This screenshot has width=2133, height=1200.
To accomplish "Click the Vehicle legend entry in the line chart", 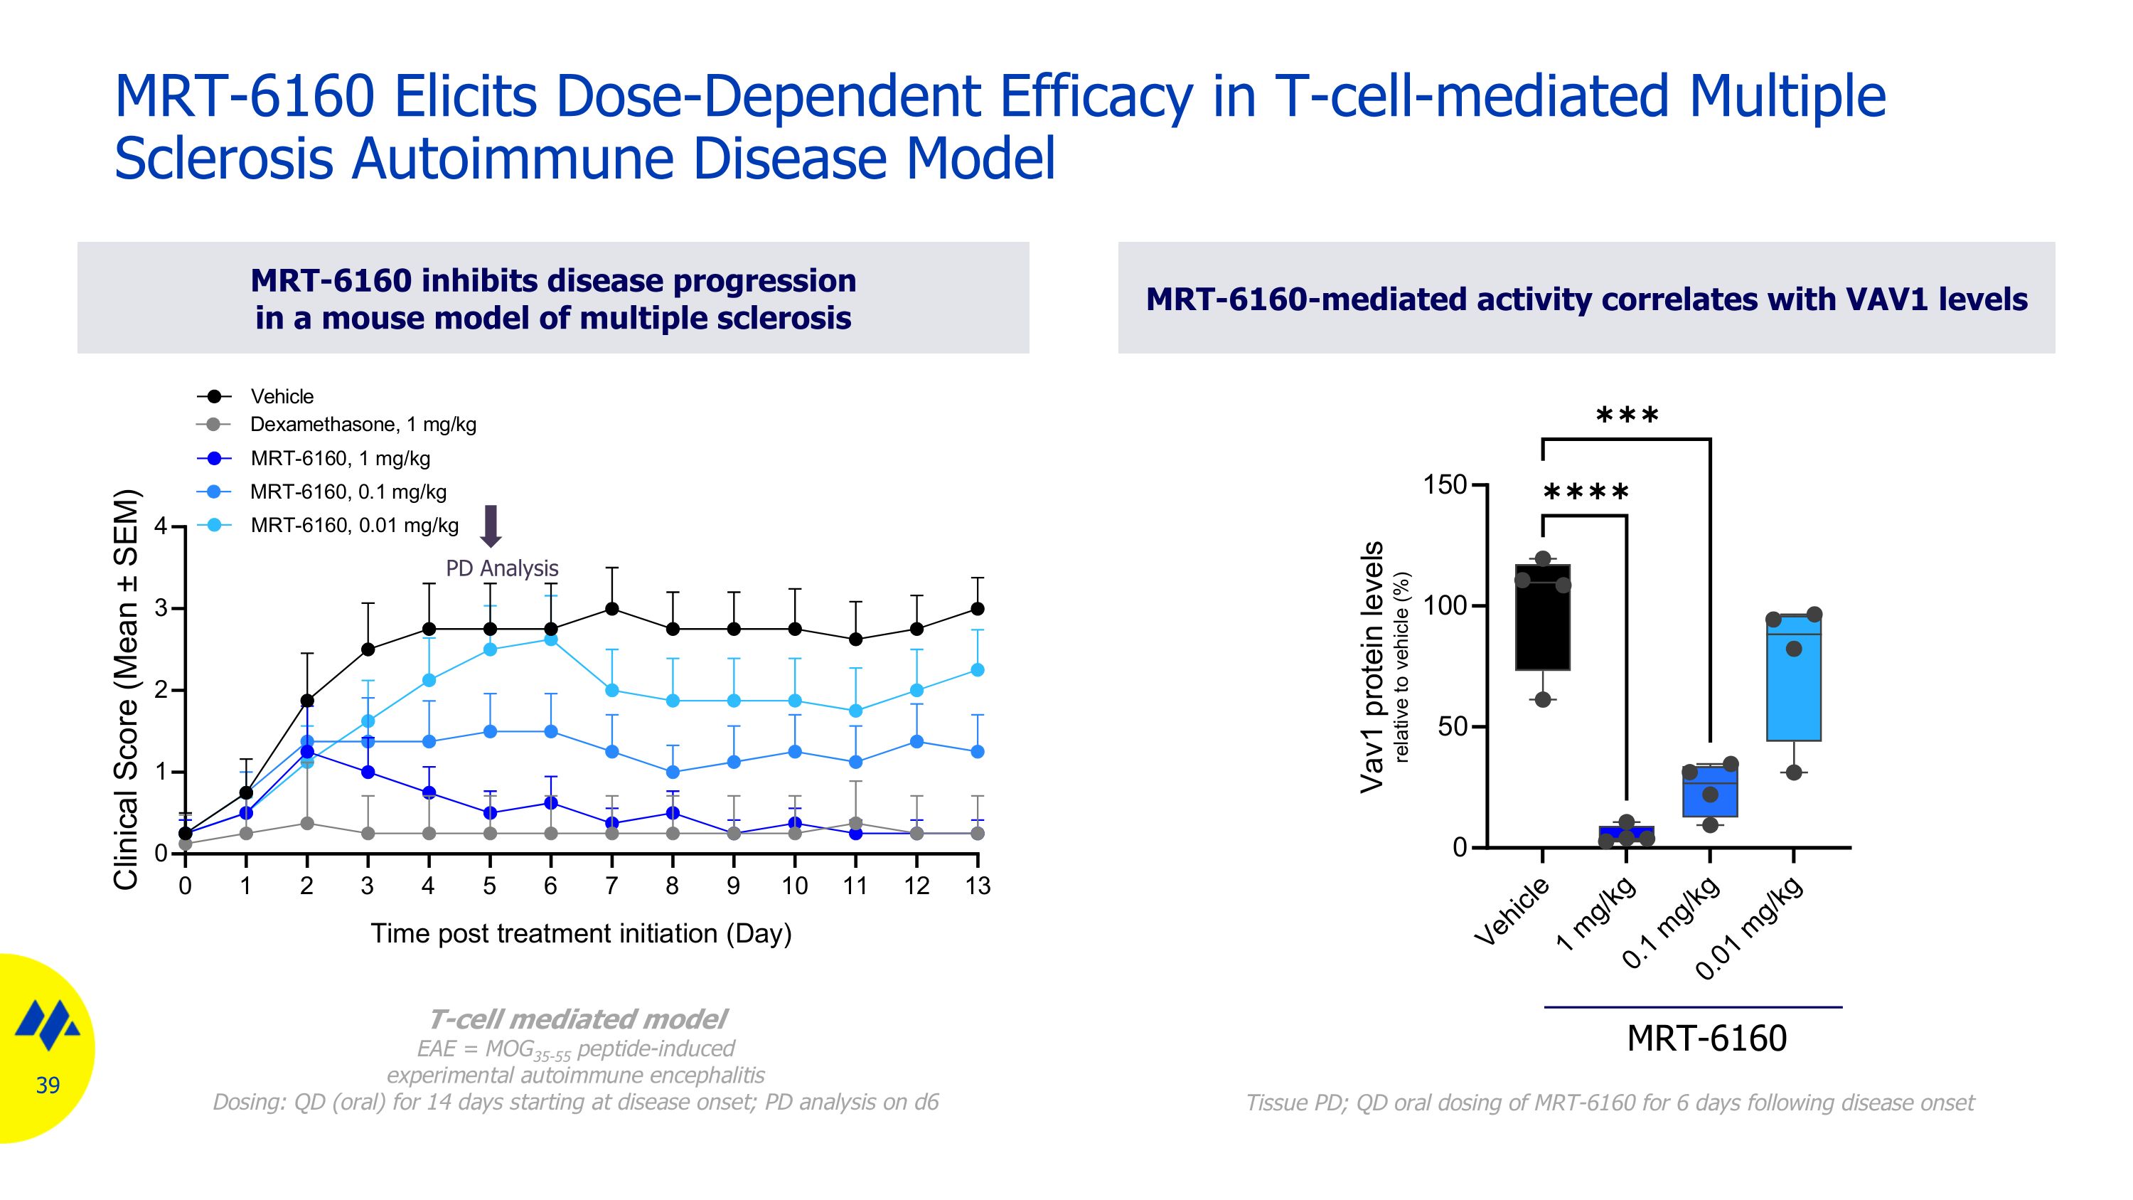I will click(282, 397).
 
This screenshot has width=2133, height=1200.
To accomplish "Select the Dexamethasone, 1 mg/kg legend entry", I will click(363, 425).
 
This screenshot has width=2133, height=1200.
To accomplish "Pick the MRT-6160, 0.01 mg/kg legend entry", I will click(353, 525).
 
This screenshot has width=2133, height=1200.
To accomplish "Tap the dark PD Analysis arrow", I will click(491, 526).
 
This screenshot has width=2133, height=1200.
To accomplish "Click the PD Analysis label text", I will click(502, 568).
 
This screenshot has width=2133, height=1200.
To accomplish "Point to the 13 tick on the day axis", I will click(977, 886).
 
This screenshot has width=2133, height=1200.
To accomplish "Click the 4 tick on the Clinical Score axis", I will click(161, 526).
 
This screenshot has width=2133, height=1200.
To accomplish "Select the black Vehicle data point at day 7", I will click(612, 609).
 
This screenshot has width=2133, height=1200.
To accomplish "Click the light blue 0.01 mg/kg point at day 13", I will click(977, 669).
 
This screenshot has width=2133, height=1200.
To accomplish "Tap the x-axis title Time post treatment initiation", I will click(580, 933).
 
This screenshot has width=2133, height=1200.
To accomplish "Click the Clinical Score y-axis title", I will click(126, 690).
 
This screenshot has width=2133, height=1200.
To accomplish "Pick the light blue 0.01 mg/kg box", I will click(1794, 677).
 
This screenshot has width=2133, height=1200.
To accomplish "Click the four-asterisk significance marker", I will click(1586, 493).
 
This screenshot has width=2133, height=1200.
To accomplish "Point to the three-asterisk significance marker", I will click(1627, 415).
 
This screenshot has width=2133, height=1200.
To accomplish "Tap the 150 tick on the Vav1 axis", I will click(1444, 484).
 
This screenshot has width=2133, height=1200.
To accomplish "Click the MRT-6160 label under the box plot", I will click(1706, 1039).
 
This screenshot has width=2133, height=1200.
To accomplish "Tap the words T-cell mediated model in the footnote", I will click(577, 1019).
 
